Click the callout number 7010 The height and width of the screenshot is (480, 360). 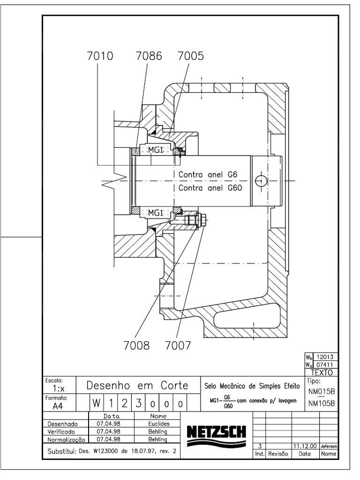tap(100, 56)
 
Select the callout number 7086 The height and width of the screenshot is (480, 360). tap(149, 56)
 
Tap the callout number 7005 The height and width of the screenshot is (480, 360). tap(190, 56)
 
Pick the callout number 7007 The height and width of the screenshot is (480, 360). tap(178, 346)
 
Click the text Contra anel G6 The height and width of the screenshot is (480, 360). tap(209, 175)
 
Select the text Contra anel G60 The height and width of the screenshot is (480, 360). tap(210, 188)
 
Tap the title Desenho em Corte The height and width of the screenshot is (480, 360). tap(137, 386)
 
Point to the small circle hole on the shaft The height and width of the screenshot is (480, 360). tap(261, 181)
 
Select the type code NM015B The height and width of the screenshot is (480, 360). tap(322, 391)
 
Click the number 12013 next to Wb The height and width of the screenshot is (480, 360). tap(325, 357)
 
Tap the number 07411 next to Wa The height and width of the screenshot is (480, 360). tap(325, 364)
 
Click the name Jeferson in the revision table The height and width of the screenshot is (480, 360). tap(329, 447)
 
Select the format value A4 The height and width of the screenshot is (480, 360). tap(55, 406)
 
